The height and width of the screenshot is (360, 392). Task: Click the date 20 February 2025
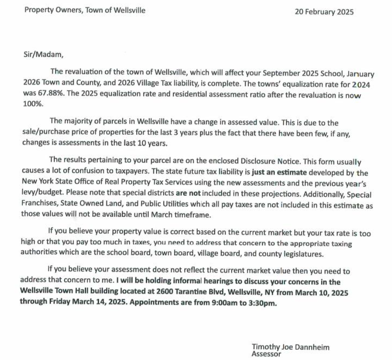[324, 12]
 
